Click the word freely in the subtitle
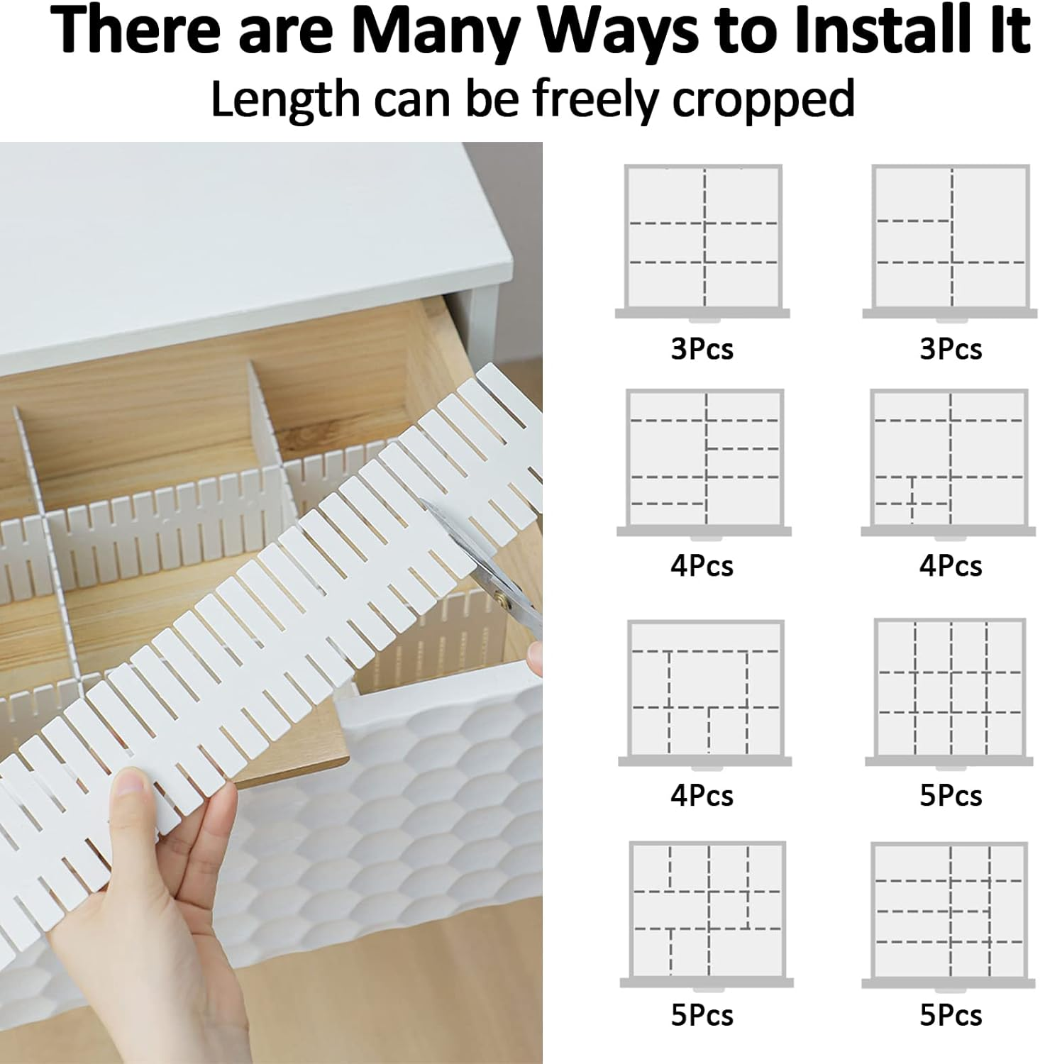(597, 99)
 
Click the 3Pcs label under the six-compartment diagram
(702, 349)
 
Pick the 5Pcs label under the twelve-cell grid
(951, 796)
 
